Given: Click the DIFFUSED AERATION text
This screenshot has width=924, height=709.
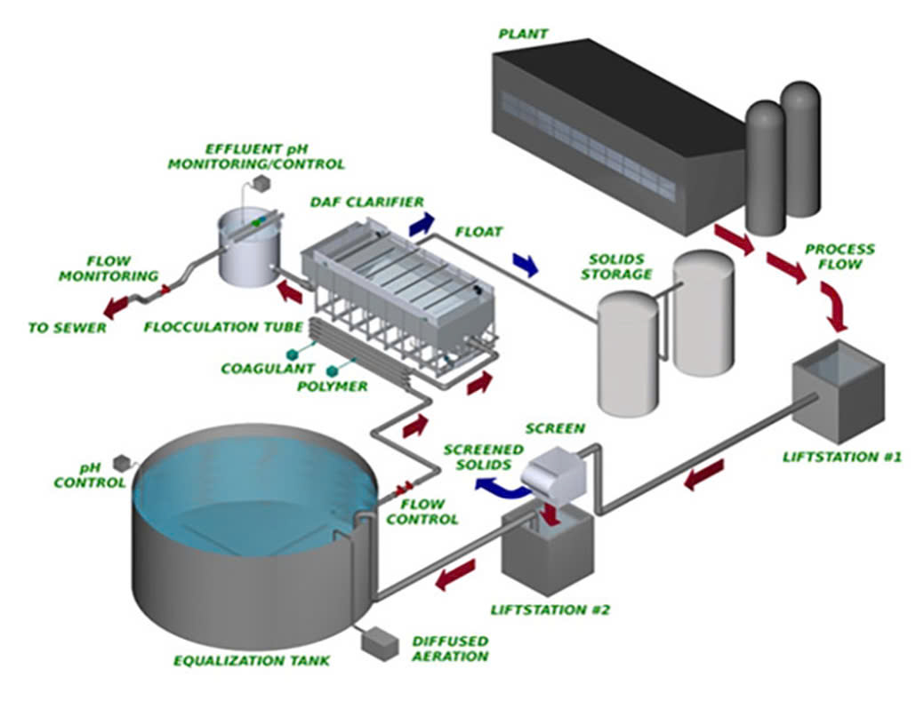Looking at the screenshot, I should pos(450,649).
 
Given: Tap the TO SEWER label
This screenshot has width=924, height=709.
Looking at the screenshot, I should pos(67,328).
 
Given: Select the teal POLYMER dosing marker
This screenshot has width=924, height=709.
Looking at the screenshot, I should pos(333,370).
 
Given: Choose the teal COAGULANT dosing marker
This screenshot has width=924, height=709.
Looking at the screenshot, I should pos(292,354).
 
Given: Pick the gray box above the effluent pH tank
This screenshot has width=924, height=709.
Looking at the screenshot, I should pos(262,181).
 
